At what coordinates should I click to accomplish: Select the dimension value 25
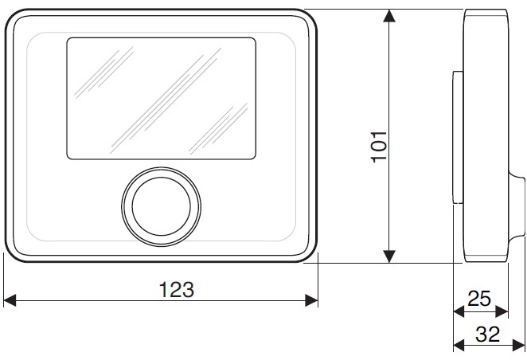[479, 299]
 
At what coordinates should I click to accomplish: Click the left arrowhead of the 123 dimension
[10, 300]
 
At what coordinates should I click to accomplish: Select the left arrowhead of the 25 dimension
[458, 311]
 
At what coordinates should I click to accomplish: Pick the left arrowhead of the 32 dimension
[458, 345]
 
